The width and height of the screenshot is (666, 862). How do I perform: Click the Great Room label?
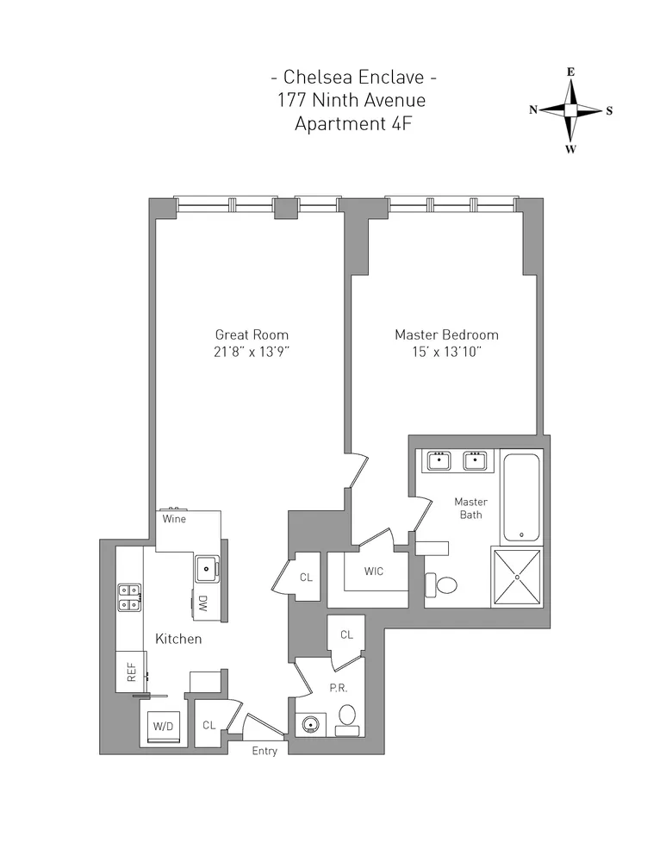pyautogui.click(x=252, y=334)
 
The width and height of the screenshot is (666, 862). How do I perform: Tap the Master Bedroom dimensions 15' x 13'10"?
pyautogui.click(x=446, y=352)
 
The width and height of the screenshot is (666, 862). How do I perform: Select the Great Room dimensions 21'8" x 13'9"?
pyautogui.click(x=252, y=352)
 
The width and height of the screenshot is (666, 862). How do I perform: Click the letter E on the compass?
pyautogui.click(x=570, y=72)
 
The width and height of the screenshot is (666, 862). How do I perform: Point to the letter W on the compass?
pyautogui.click(x=570, y=149)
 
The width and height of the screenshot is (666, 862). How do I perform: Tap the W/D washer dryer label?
pyautogui.click(x=163, y=726)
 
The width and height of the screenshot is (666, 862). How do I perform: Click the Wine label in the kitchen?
pyautogui.click(x=174, y=519)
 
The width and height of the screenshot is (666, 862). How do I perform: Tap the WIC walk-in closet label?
pyautogui.click(x=375, y=572)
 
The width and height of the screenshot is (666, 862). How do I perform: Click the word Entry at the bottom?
pyautogui.click(x=265, y=752)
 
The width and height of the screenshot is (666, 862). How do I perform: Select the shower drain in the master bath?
pyautogui.click(x=516, y=577)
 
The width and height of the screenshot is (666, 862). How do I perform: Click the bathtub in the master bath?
pyautogui.click(x=520, y=498)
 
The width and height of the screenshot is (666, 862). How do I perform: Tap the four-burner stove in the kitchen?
pyautogui.click(x=130, y=597)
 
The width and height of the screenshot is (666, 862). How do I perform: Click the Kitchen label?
pyautogui.click(x=178, y=639)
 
